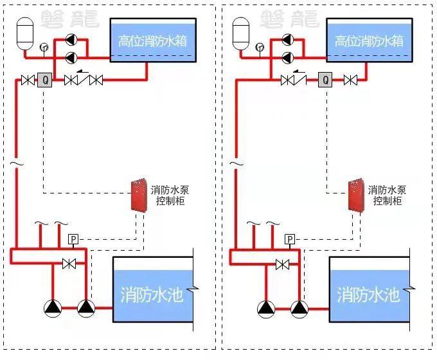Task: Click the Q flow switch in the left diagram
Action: (x=45, y=80)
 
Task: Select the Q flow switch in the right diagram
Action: (x=325, y=80)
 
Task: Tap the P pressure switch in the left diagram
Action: (x=73, y=240)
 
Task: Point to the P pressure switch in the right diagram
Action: (x=290, y=240)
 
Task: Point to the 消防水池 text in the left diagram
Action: (x=152, y=295)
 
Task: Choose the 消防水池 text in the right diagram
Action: (x=368, y=295)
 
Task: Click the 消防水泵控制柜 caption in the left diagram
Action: (x=170, y=195)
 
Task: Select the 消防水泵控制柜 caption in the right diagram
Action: (x=388, y=195)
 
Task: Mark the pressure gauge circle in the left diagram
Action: (x=44, y=47)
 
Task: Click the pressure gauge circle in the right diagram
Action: (x=260, y=47)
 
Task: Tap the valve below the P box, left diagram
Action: (x=68, y=264)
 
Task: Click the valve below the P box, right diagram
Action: (x=282, y=264)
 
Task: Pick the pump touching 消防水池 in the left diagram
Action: (x=85, y=308)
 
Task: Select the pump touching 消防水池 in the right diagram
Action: (x=299, y=308)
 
